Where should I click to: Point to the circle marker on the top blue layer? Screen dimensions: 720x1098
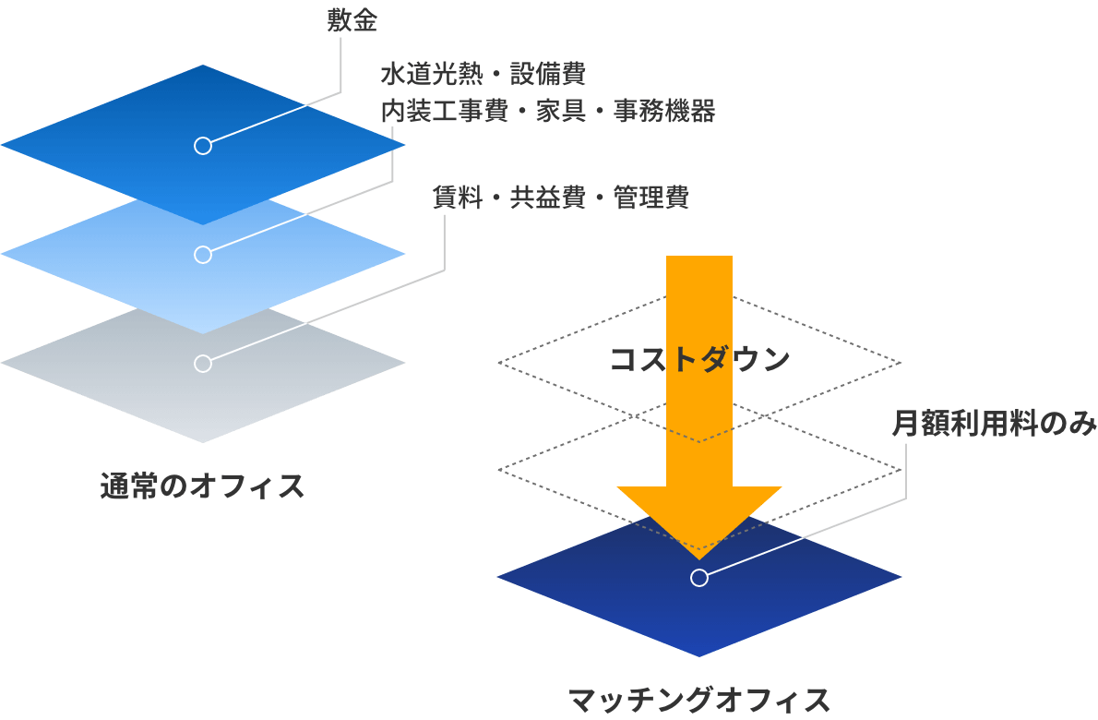click(203, 146)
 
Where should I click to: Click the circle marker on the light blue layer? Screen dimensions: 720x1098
click(203, 255)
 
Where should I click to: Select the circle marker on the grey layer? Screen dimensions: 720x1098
click(203, 364)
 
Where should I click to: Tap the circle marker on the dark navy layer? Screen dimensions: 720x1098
click(699, 578)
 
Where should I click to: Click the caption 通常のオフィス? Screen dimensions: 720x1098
click(203, 486)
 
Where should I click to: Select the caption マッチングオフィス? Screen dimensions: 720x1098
click(699, 701)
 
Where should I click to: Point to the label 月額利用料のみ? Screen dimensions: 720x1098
click(993, 424)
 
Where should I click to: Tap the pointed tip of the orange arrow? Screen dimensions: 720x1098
click(699, 557)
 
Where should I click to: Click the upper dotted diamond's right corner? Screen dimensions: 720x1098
click(900, 362)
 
